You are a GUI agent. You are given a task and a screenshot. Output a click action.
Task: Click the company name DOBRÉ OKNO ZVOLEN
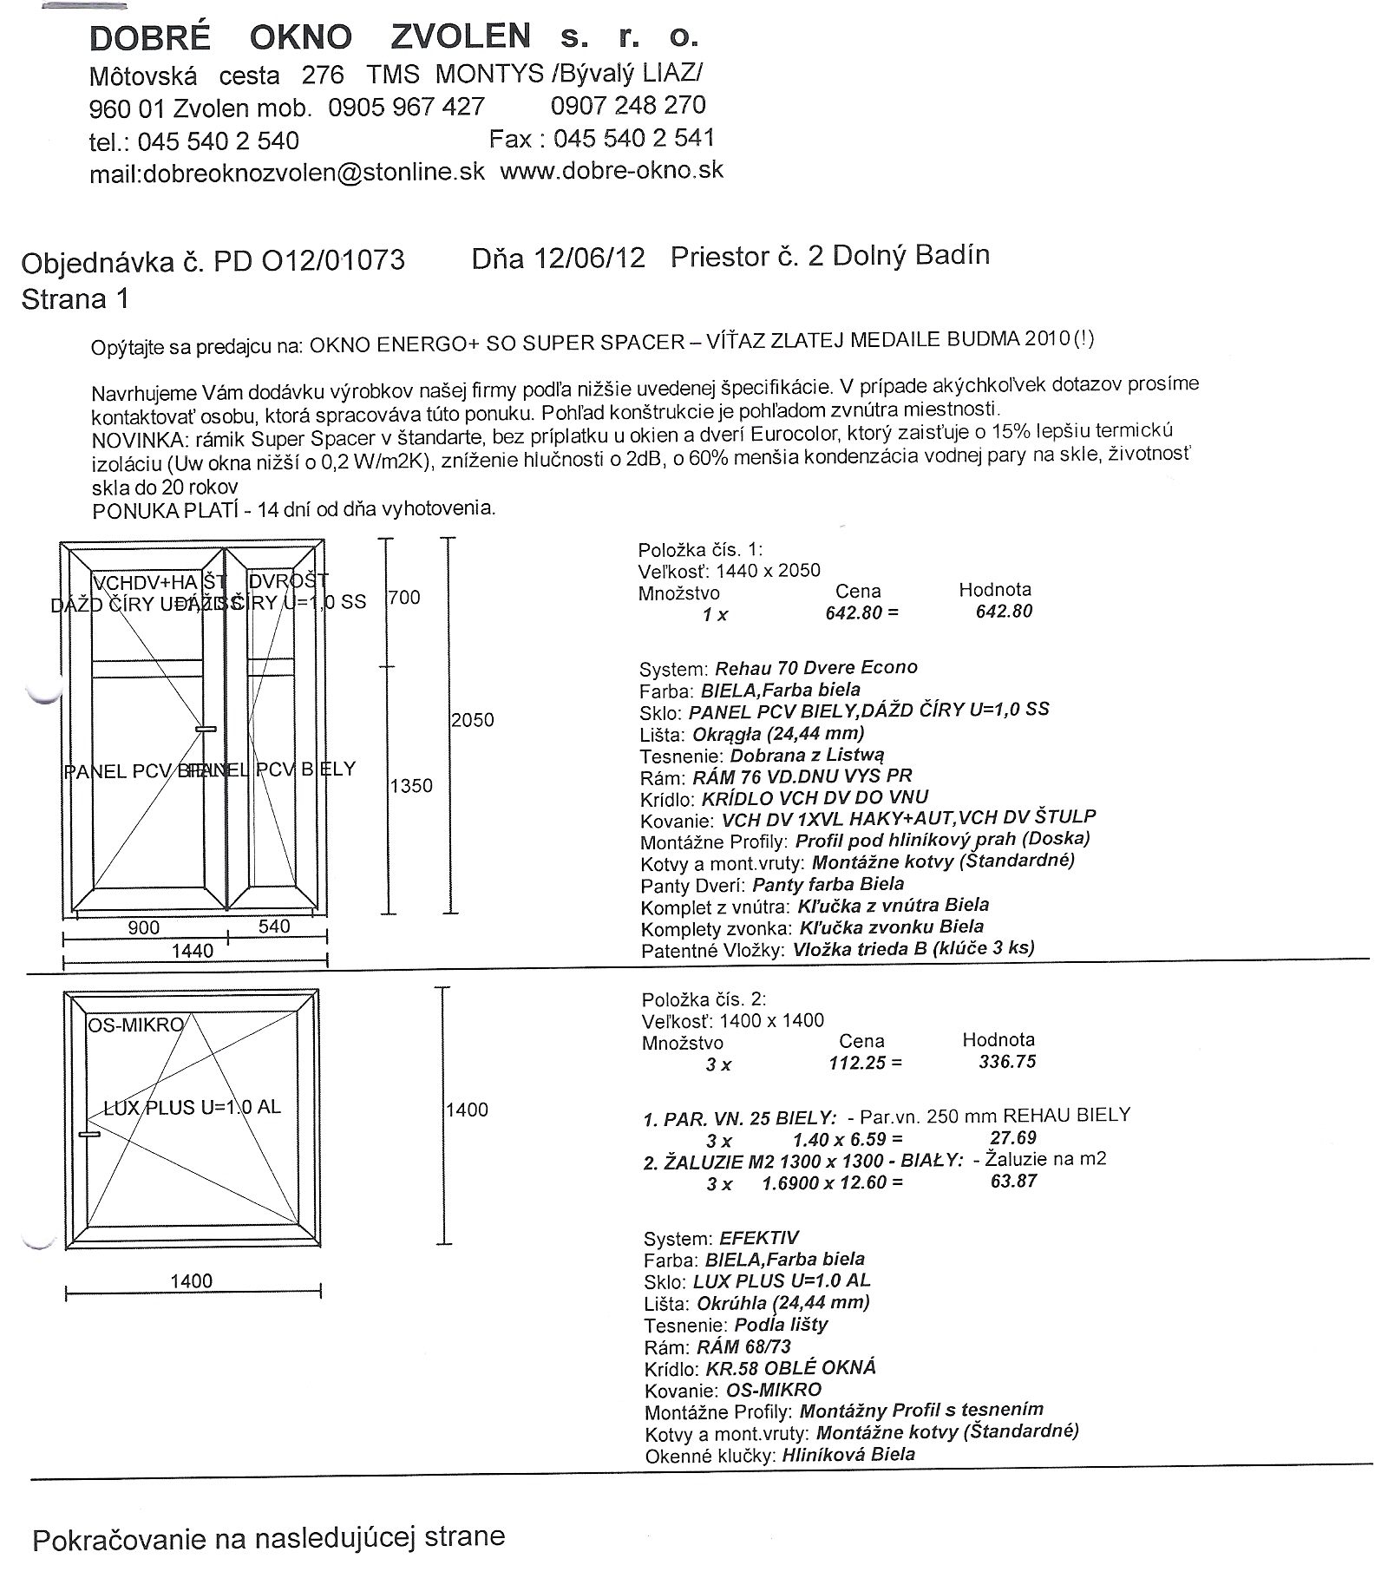point(310,37)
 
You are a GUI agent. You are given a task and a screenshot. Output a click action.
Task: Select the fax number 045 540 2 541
point(633,139)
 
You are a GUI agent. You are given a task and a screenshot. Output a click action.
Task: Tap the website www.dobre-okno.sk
point(612,170)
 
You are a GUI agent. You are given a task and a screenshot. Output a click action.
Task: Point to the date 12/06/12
point(589,259)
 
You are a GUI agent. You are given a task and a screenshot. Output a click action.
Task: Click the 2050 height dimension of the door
point(473,720)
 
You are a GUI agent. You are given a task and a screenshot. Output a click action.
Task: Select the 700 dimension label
point(404,598)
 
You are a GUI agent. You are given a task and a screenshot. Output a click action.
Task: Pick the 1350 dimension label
point(411,786)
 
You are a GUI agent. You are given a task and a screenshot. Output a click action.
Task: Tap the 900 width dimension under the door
point(144,928)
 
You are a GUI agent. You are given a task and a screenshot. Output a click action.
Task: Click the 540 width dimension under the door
point(274,927)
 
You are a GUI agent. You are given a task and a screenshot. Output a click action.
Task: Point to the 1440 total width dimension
point(193,952)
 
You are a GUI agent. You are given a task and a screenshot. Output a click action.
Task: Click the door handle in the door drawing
point(206,730)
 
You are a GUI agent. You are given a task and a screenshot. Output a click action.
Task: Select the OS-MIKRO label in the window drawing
point(135,1025)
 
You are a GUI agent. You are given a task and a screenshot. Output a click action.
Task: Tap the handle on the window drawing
point(88,1134)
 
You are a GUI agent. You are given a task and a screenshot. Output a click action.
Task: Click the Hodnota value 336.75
point(1007,1062)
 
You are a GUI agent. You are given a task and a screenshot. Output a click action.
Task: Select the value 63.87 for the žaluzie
point(1013,1182)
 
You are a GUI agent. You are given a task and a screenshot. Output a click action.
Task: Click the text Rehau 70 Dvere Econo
point(815,668)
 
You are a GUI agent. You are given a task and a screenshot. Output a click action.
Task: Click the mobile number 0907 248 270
point(628,106)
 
